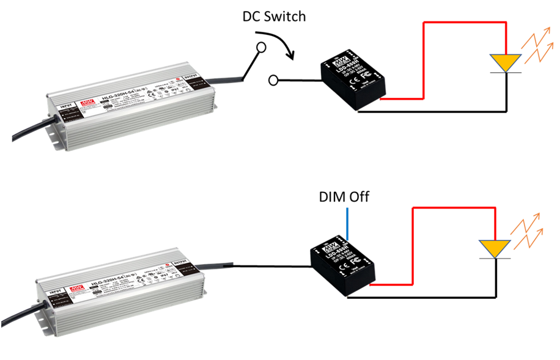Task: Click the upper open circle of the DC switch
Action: pyautogui.click(x=261, y=46)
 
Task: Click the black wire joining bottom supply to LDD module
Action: pyautogui.click(x=269, y=266)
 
